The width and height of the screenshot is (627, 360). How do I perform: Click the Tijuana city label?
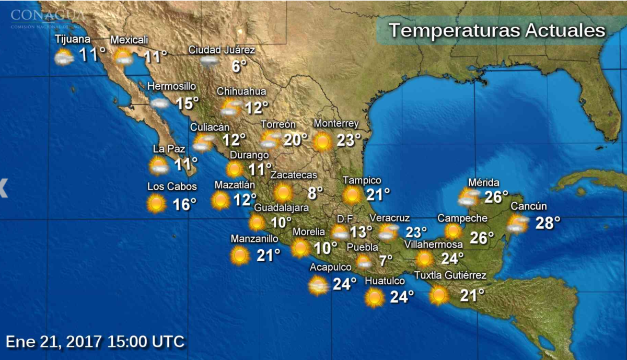click(73, 40)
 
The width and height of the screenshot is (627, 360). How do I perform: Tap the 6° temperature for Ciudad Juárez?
click(239, 66)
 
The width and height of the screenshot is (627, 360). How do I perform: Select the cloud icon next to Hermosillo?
click(159, 103)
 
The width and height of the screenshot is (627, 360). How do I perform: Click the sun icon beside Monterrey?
click(322, 141)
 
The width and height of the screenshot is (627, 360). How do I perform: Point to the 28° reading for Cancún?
click(548, 223)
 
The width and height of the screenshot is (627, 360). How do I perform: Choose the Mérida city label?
click(483, 183)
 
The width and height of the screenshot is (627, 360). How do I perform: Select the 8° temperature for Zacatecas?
click(315, 193)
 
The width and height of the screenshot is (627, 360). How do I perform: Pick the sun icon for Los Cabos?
click(156, 203)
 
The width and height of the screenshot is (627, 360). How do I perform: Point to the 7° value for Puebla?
click(386, 260)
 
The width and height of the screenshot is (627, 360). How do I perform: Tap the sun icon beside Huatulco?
click(375, 297)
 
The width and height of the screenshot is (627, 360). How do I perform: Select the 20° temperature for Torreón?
click(296, 140)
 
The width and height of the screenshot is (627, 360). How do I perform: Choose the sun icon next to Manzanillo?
click(240, 255)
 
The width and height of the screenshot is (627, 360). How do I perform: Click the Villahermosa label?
click(433, 245)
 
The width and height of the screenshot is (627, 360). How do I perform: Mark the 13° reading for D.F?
click(361, 231)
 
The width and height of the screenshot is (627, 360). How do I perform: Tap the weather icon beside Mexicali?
click(123, 57)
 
